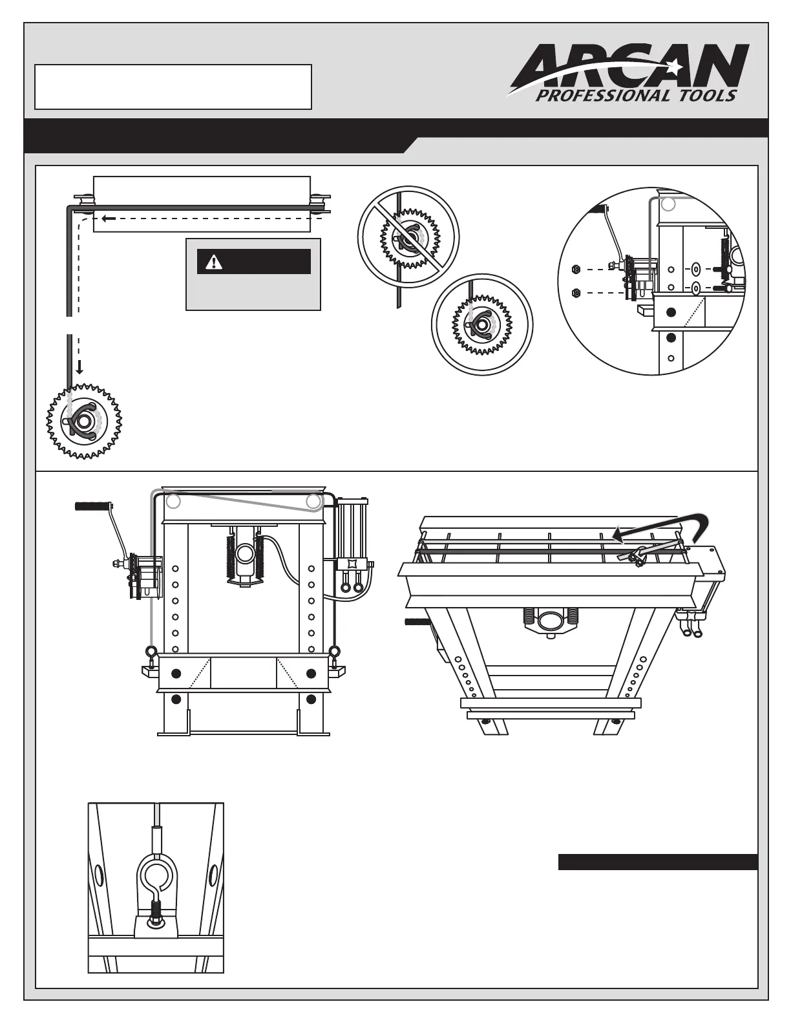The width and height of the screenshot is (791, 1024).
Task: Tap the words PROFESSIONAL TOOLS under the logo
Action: click(x=636, y=96)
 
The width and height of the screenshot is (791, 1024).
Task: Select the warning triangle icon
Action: click(x=213, y=262)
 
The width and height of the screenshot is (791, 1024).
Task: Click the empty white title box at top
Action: click(x=173, y=87)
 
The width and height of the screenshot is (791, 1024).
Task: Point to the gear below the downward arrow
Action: click(x=84, y=421)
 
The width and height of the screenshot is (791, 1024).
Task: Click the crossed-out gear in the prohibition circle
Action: click(x=408, y=237)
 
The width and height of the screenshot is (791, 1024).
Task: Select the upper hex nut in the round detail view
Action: click(x=576, y=269)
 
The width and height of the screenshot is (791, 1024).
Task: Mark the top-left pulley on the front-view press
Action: click(x=173, y=501)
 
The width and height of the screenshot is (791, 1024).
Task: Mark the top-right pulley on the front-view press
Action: click(x=313, y=501)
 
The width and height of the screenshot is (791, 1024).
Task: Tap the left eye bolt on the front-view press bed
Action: click(x=151, y=652)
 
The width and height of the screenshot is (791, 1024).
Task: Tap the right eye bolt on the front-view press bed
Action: click(x=334, y=652)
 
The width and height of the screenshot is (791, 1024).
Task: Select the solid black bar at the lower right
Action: click(x=657, y=862)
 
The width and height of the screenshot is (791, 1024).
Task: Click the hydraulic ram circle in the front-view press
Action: click(x=244, y=553)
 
